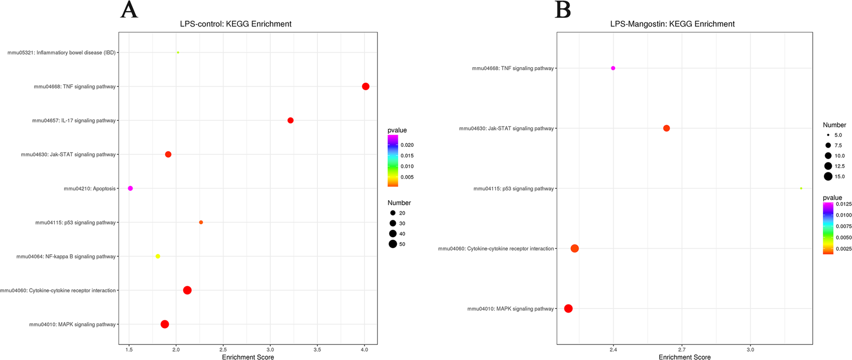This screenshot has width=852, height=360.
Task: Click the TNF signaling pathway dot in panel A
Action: (x=366, y=86)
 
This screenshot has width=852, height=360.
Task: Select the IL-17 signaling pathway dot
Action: (x=291, y=120)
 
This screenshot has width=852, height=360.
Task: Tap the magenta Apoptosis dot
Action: (x=130, y=188)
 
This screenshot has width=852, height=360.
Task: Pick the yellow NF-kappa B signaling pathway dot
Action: (x=158, y=256)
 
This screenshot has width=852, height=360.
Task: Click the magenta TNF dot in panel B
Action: (x=613, y=68)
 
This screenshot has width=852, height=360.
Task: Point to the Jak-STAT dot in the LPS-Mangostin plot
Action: (x=667, y=128)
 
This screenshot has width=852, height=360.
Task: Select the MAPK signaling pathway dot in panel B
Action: (x=568, y=308)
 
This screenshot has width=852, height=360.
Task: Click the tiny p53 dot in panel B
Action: (x=801, y=188)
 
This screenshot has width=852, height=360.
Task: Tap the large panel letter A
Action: (x=129, y=10)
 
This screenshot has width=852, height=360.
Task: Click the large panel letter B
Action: (x=563, y=10)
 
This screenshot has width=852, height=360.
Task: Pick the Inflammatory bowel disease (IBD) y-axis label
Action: (x=61, y=53)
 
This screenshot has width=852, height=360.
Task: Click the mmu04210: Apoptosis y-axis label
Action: (x=90, y=189)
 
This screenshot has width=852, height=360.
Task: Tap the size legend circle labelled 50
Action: (x=393, y=244)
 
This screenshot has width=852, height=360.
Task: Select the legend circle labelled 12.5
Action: (x=828, y=166)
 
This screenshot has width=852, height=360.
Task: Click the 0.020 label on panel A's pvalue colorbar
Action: (x=407, y=145)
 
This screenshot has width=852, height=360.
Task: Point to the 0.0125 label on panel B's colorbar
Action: (x=844, y=204)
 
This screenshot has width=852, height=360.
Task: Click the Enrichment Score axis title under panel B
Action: (x=684, y=357)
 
